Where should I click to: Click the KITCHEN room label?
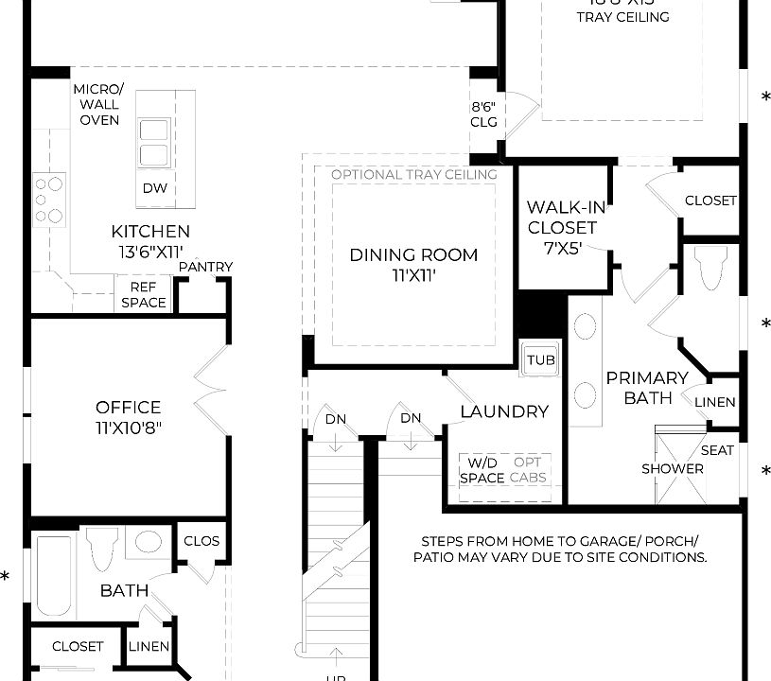point(150,232)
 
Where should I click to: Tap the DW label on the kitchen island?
point(155,188)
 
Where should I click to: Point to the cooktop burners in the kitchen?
point(48,199)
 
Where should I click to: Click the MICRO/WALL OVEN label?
point(98,104)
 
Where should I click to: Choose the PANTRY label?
point(205,267)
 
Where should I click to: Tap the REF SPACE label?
point(144,295)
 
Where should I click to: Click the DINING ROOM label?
point(413,254)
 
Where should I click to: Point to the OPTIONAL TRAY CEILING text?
point(413,175)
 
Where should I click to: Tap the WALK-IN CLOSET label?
point(562,218)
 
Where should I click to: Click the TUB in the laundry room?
point(541,360)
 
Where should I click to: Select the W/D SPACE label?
point(482,470)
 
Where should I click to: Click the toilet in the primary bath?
point(710,267)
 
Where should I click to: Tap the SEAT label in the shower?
point(717,450)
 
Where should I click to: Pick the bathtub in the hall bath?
point(55,578)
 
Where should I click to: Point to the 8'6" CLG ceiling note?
point(484,114)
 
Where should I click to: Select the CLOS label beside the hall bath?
point(202,542)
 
